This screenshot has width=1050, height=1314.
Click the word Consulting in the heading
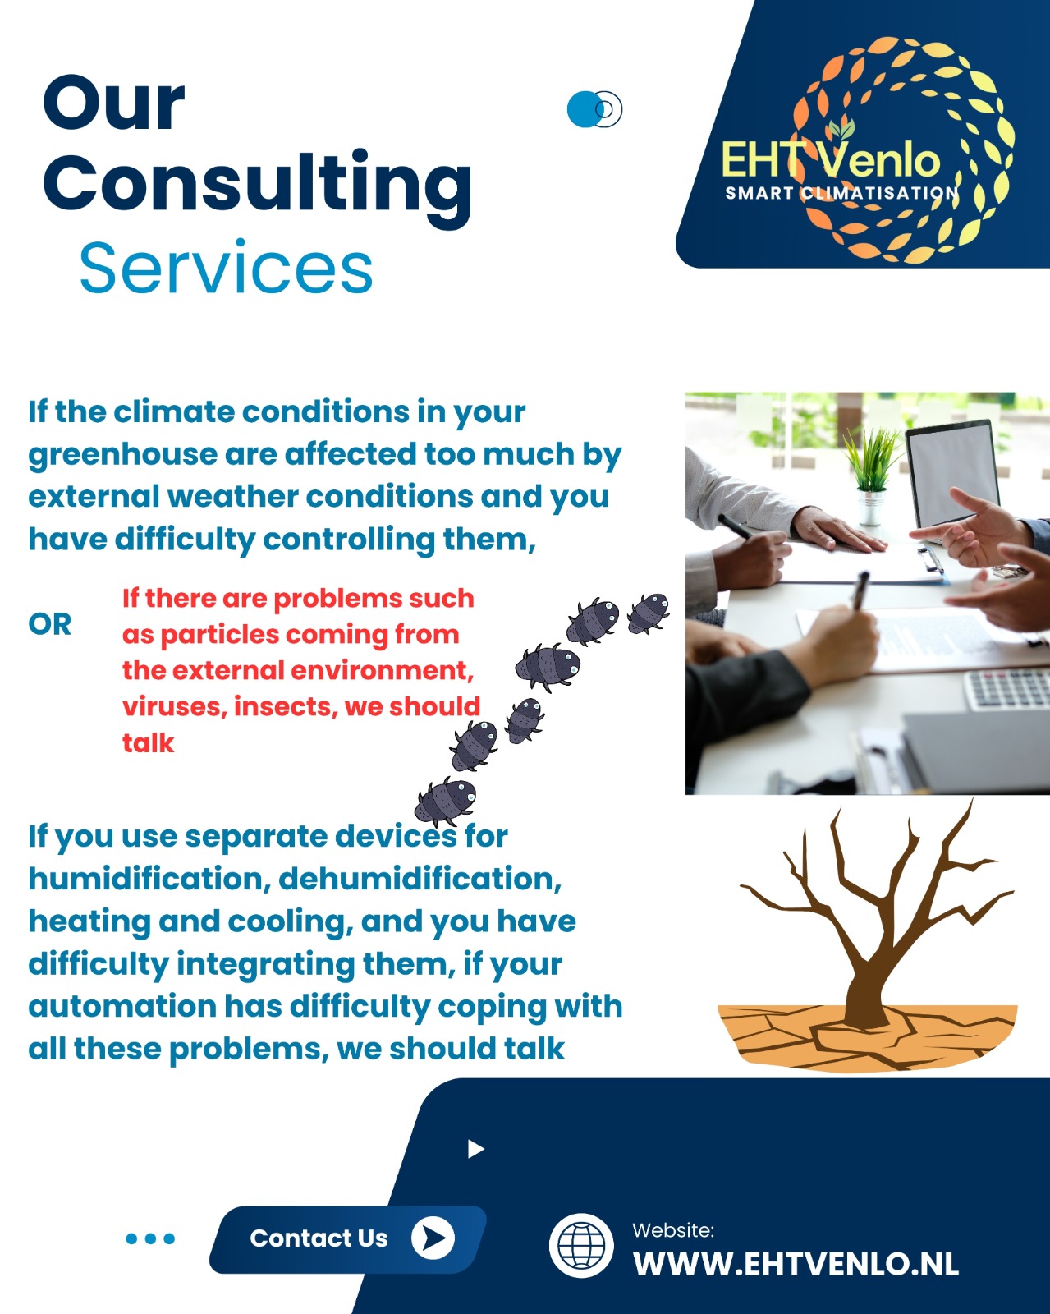257,187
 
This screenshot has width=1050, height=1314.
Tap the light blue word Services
226,268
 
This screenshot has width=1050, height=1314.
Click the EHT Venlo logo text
830,159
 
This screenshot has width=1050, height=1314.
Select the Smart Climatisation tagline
841,193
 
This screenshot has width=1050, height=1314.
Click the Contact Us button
348,1239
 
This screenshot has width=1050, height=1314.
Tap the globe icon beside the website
580,1245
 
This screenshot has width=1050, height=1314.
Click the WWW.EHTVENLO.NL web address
796,1263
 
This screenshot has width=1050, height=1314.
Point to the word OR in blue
49,624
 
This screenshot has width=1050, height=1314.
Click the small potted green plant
872,476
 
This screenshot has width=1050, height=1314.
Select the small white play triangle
475,1149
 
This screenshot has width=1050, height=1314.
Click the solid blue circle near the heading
584,109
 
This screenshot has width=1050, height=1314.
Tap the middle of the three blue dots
151,1238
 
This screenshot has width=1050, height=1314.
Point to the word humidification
149,879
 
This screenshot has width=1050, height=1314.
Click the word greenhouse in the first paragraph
122,455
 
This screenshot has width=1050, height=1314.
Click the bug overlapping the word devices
445,801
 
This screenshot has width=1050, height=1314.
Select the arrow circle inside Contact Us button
433,1238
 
